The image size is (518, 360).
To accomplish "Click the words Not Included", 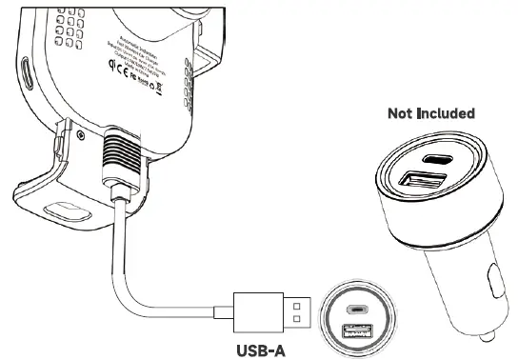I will pos(430,113).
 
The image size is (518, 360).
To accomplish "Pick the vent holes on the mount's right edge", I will pos(202,67).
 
